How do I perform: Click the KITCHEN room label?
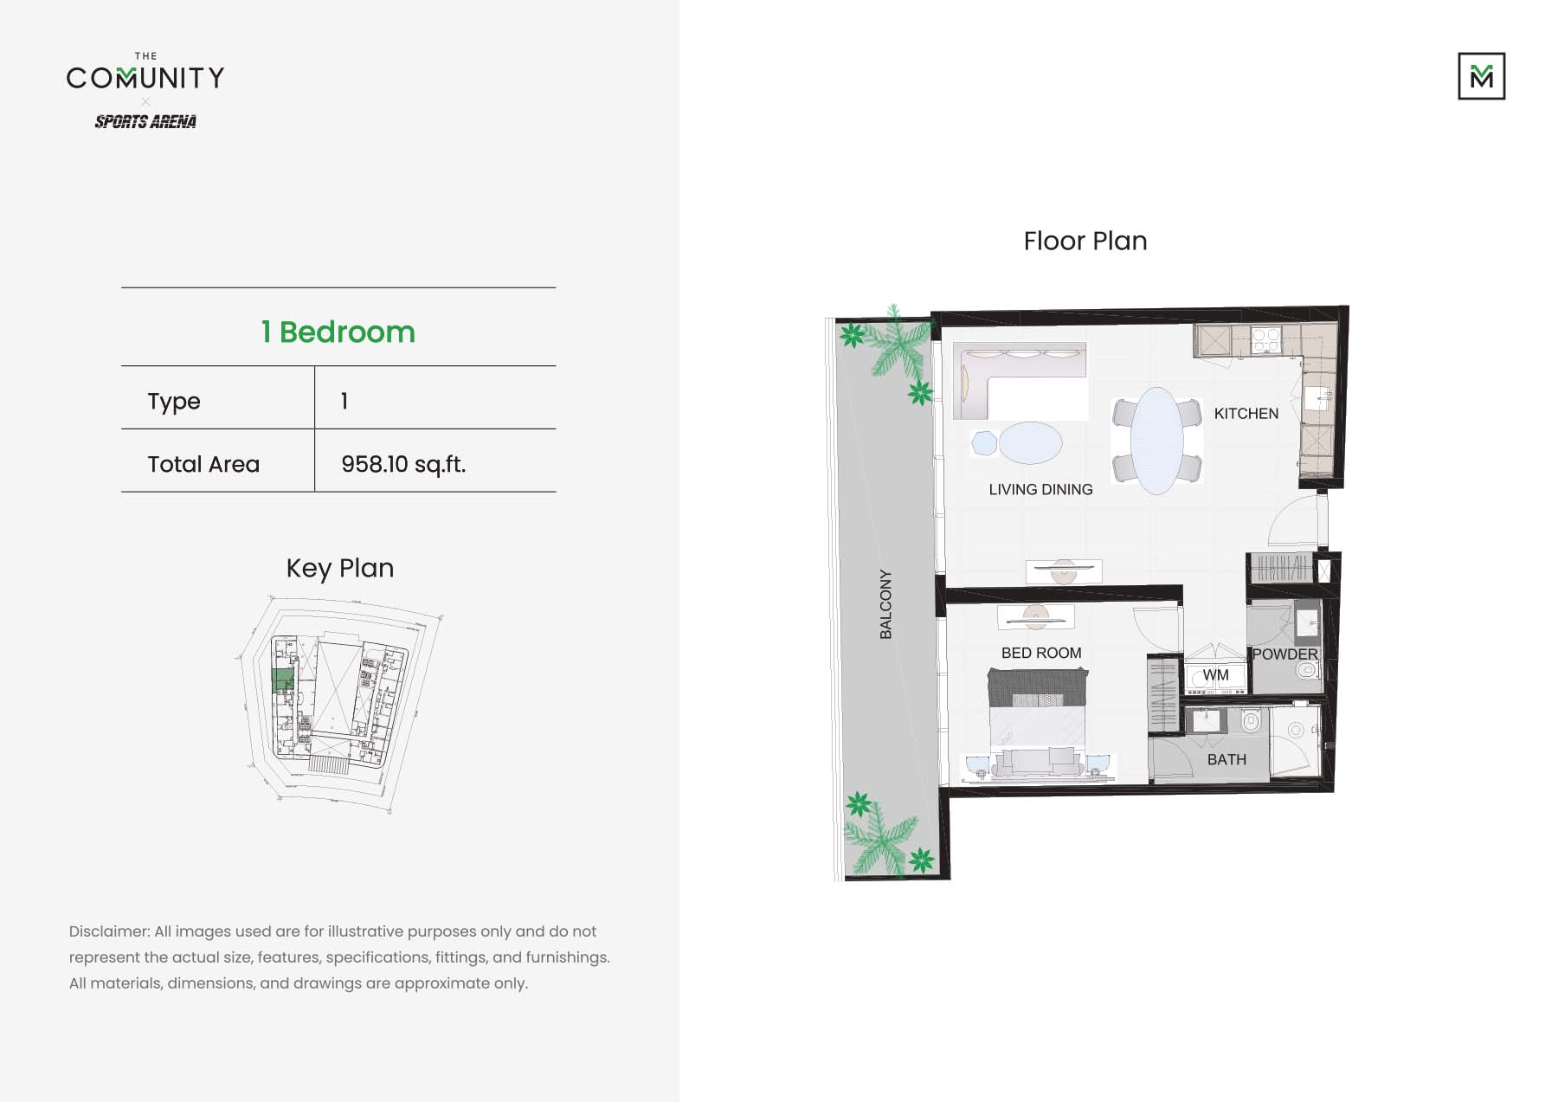(1246, 414)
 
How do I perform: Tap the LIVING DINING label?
(1040, 490)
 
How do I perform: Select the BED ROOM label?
(1041, 653)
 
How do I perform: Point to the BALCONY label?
(885, 604)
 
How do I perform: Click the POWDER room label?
(1284, 654)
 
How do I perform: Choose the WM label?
(1215, 675)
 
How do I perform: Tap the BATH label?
(1226, 760)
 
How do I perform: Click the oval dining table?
(1156, 441)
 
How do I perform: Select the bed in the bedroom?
(1037, 719)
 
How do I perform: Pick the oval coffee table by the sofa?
(1030, 443)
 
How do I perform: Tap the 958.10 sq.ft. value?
(403, 465)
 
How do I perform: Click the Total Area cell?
(203, 465)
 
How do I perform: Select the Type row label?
(174, 402)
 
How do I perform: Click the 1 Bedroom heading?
(338, 332)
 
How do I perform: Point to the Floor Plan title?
(1085, 242)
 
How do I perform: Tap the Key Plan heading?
(339, 569)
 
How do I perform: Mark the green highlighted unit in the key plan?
(282, 680)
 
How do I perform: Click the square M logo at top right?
(1481, 76)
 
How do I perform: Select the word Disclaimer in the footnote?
(109, 932)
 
